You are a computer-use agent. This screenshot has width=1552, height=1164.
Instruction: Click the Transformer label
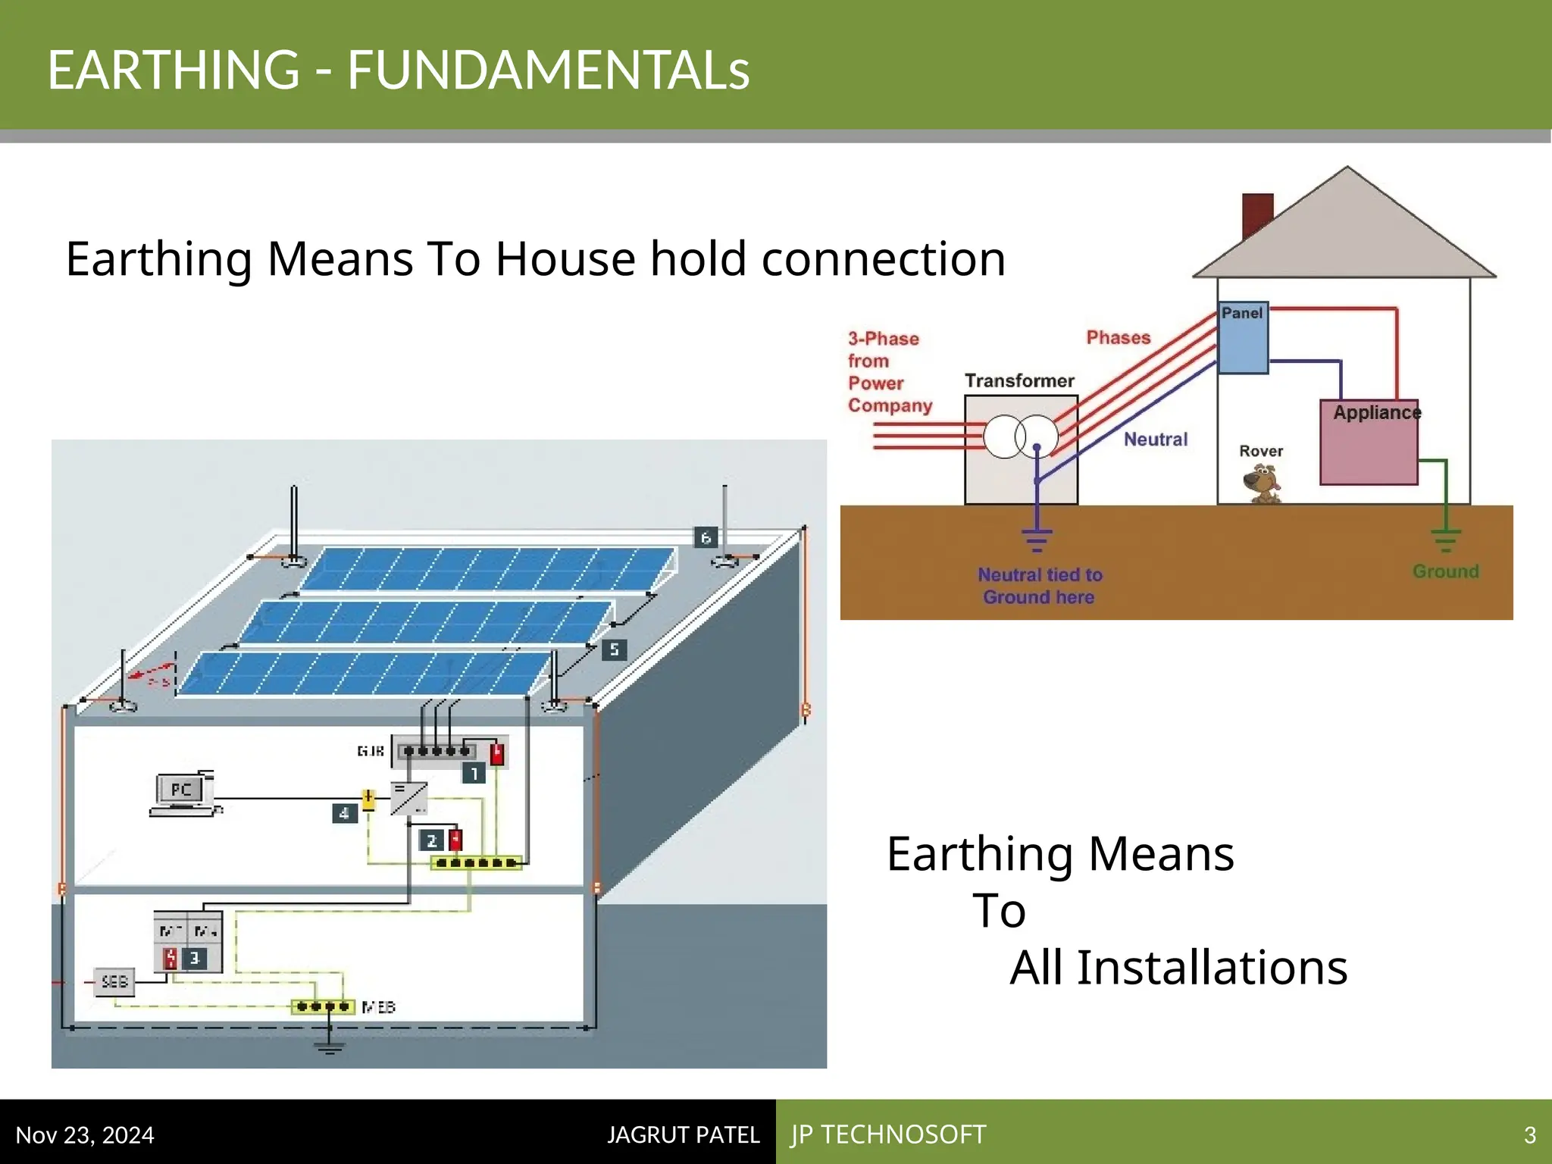click(1019, 380)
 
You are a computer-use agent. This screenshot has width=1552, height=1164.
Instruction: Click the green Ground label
click(1445, 571)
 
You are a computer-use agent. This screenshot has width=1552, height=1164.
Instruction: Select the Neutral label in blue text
click(1155, 440)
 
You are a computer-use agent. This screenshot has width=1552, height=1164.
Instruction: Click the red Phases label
click(1118, 338)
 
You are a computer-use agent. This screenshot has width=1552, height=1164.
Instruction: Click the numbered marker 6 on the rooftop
click(706, 538)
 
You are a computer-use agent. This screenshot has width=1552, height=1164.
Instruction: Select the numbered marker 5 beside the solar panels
click(614, 649)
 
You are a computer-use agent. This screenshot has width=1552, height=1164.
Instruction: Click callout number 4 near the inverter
click(344, 814)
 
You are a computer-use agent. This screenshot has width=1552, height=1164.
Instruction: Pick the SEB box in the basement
click(114, 982)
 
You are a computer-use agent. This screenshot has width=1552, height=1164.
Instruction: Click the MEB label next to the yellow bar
click(379, 1007)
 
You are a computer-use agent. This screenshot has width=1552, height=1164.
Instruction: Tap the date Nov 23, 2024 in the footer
click(85, 1134)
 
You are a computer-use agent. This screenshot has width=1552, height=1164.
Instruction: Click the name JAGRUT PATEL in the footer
click(683, 1134)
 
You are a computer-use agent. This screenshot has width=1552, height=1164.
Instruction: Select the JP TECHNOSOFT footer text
click(888, 1134)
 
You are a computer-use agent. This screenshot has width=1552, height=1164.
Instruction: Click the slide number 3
click(1529, 1135)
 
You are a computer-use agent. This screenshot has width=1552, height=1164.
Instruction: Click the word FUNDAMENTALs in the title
click(548, 70)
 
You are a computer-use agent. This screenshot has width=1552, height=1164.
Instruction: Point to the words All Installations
click(1178, 968)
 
